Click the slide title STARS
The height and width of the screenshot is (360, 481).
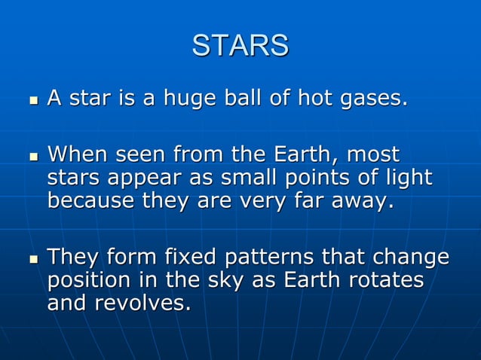pyautogui.click(x=240, y=45)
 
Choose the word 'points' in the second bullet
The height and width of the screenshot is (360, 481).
pyautogui.click(x=306, y=178)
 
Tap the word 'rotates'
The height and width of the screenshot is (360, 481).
pyautogui.click(x=388, y=281)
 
